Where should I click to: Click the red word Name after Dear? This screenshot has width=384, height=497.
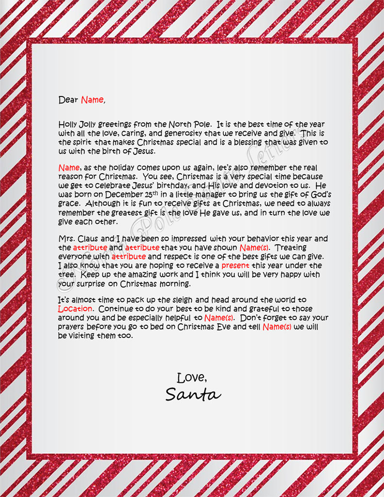[x=92, y=100]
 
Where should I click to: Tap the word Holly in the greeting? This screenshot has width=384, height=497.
[x=68, y=125]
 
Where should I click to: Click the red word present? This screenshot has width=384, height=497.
[x=235, y=265]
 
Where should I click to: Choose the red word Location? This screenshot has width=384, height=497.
[x=75, y=309]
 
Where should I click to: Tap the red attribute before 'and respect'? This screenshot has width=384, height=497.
[x=129, y=256]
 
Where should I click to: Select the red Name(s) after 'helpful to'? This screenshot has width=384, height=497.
[x=219, y=317]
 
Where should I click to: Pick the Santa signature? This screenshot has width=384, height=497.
[x=193, y=395]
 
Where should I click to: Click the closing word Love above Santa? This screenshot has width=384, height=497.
[x=192, y=377]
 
